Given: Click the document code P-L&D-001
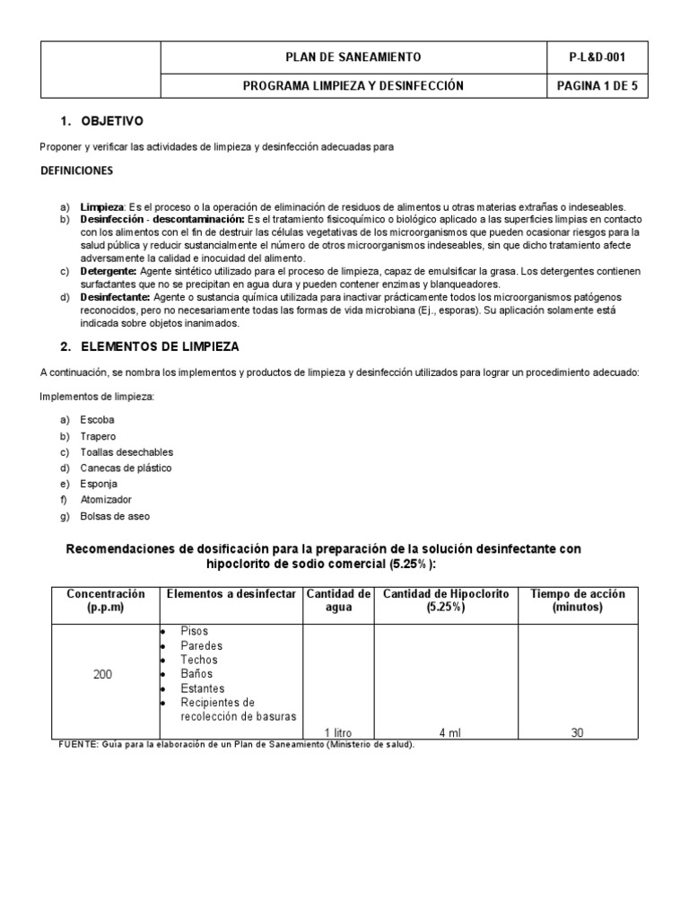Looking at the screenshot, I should click(597, 57).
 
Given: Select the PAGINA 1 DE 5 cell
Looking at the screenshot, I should click(597, 85).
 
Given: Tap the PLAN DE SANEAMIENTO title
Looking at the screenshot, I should click(353, 57).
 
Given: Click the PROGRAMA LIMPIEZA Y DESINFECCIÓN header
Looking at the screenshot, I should click(353, 85).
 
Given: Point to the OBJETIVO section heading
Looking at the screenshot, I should click(112, 121).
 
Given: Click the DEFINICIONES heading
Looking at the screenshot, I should click(76, 170).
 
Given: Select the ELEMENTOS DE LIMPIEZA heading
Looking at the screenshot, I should click(160, 346).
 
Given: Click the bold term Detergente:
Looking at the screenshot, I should click(109, 271).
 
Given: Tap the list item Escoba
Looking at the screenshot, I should click(98, 420).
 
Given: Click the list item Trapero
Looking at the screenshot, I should click(99, 436).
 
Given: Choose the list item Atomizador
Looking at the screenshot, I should click(106, 500).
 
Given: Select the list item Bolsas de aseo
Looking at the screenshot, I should click(115, 516).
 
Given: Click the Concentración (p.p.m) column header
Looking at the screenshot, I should click(105, 600).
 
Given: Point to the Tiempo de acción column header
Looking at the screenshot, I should click(578, 600).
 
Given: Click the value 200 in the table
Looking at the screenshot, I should click(103, 674).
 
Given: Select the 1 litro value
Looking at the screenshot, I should click(338, 733).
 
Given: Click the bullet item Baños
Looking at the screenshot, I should click(198, 674).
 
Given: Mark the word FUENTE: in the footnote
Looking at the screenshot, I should click(79, 745).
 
